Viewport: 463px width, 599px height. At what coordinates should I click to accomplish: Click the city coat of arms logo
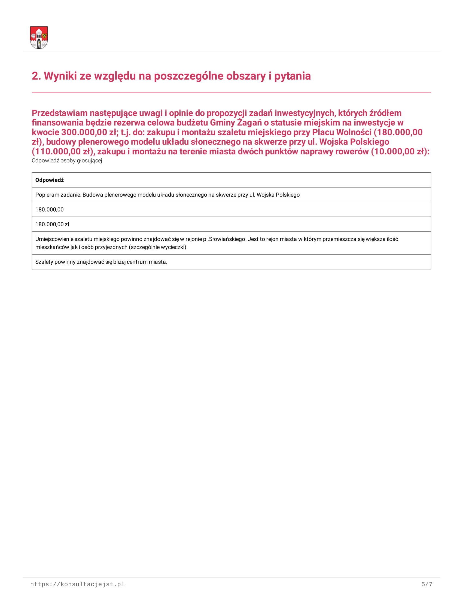[x=39, y=38]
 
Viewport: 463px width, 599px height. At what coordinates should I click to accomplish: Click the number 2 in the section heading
[x=35, y=76]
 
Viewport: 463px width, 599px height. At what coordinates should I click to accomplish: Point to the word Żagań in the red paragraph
[x=249, y=123]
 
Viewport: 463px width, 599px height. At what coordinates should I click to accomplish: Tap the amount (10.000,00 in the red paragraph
[x=393, y=151]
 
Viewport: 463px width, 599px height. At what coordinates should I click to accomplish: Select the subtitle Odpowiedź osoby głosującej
[x=67, y=160]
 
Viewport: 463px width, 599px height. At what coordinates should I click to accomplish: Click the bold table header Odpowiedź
[x=49, y=180]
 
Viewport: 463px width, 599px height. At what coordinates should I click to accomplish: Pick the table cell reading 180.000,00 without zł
[x=49, y=210]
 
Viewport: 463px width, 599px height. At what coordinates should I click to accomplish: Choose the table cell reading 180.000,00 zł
[x=52, y=224]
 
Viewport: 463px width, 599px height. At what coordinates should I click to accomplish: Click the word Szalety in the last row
[x=44, y=262]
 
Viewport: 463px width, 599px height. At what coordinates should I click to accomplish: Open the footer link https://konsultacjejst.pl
[x=77, y=585]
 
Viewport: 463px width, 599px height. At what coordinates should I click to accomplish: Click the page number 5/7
[x=427, y=585]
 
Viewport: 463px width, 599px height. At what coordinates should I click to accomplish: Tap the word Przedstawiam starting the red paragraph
[x=60, y=113]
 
